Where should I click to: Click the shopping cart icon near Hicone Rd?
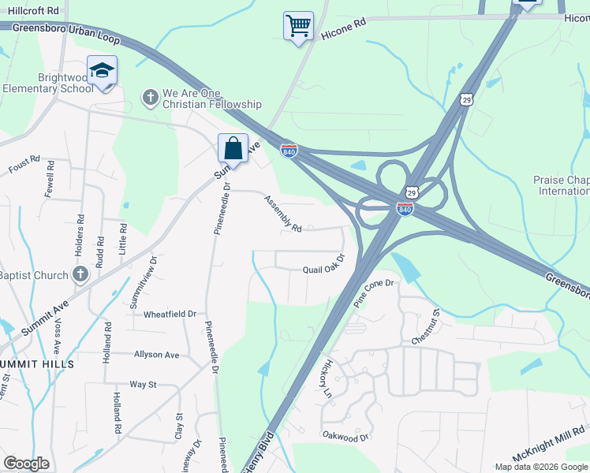pos(298,26)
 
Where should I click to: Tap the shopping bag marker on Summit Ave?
pos(233,147)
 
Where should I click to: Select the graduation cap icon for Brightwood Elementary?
pos(102,71)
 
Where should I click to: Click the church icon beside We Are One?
pos(150,98)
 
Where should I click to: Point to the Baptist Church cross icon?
pos(79,274)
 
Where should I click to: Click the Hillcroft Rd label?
pos(32,10)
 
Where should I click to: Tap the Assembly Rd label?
pos(283,214)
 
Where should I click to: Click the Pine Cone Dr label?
pos(372,292)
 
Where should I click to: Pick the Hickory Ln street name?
pos(329,378)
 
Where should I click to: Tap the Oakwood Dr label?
pos(345,436)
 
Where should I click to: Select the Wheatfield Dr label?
pos(170,314)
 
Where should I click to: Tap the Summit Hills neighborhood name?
pos(37,364)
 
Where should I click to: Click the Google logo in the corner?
pos(26,464)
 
